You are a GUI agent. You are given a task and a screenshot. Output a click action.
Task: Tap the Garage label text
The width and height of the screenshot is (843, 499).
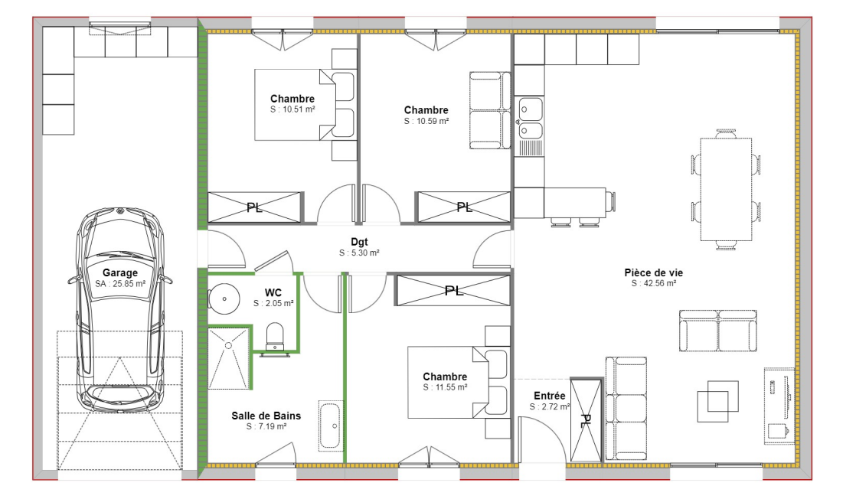[x=120, y=272]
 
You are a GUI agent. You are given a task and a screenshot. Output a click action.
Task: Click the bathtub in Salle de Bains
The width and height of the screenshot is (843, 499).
[x=331, y=425]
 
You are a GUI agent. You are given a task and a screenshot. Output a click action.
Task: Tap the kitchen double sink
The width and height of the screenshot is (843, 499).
[x=529, y=118]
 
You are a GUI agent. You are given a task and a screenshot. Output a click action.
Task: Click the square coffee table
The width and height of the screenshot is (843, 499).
[x=717, y=401]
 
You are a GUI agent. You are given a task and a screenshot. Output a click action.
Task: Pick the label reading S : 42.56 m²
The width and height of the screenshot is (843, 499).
[x=653, y=283]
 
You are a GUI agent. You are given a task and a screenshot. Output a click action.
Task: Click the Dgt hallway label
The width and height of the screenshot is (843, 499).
[x=359, y=242]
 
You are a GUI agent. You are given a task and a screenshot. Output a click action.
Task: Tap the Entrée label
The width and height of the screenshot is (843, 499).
[x=550, y=396]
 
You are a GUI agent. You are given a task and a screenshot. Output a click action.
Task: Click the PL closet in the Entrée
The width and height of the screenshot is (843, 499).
[x=587, y=419]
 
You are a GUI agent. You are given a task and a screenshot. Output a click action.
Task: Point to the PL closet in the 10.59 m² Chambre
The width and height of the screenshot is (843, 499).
[x=462, y=207]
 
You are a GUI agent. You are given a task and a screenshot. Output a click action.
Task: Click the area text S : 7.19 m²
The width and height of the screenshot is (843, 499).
[x=266, y=426]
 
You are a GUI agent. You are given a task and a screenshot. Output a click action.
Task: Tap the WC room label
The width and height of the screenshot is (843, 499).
[x=273, y=292]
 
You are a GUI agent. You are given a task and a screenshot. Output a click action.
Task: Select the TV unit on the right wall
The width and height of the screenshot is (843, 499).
[x=779, y=404]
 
